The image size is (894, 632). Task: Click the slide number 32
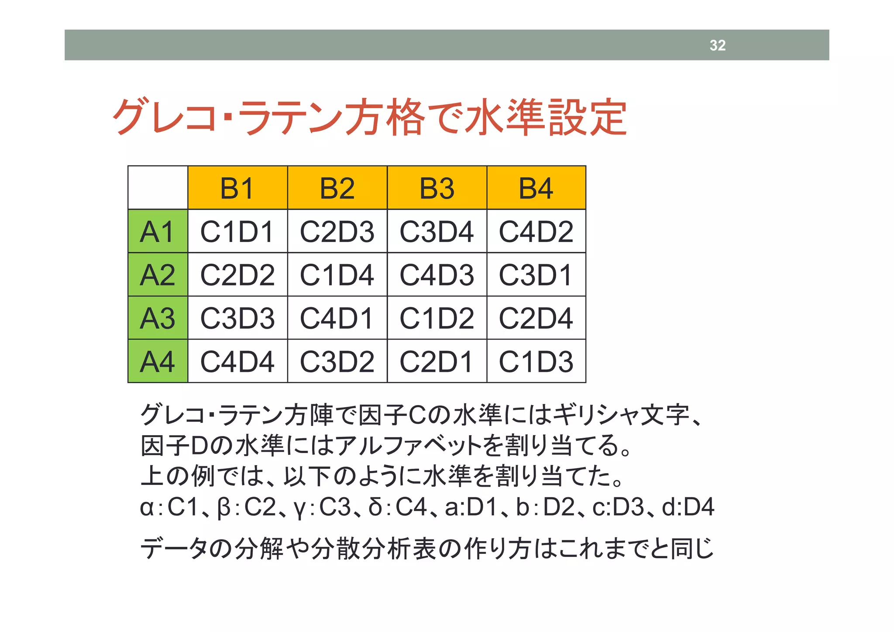point(717,45)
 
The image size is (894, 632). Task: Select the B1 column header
point(237,188)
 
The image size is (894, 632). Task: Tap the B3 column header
point(437,188)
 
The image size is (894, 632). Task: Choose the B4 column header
point(536,188)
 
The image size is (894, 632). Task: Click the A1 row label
point(158,231)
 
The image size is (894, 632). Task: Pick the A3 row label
point(158,318)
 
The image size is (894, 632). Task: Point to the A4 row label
point(158,361)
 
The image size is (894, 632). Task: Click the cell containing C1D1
point(237,231)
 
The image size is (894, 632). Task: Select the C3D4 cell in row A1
point(437,231)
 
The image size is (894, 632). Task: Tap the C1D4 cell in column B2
point(337,275)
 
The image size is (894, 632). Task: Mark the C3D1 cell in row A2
point(536,275)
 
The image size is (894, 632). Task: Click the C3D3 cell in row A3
point(237,318)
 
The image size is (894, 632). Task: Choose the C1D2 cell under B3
point(437,318)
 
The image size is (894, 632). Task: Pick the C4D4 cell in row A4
point(237,361)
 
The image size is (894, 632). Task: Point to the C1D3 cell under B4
point(536,361)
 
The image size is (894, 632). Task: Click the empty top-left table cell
point(158,188)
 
